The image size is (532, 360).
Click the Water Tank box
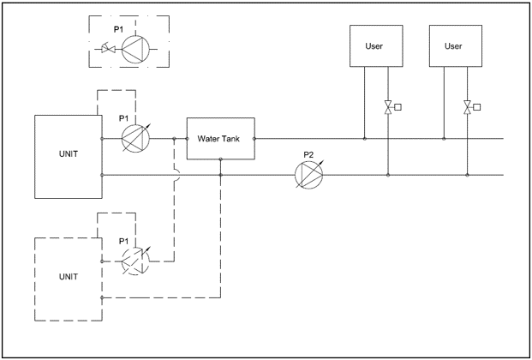(221, 137)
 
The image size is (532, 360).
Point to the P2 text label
(308, 155)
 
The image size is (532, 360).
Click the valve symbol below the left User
(388, 108)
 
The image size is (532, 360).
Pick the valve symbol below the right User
(467, 108)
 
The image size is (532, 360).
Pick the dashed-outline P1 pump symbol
(136, 261)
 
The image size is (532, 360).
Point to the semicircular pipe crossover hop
(176, 175)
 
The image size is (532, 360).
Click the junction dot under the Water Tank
(221, 175)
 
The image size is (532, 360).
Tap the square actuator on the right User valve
(477, 108)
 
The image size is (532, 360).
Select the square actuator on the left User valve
(398, 108)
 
